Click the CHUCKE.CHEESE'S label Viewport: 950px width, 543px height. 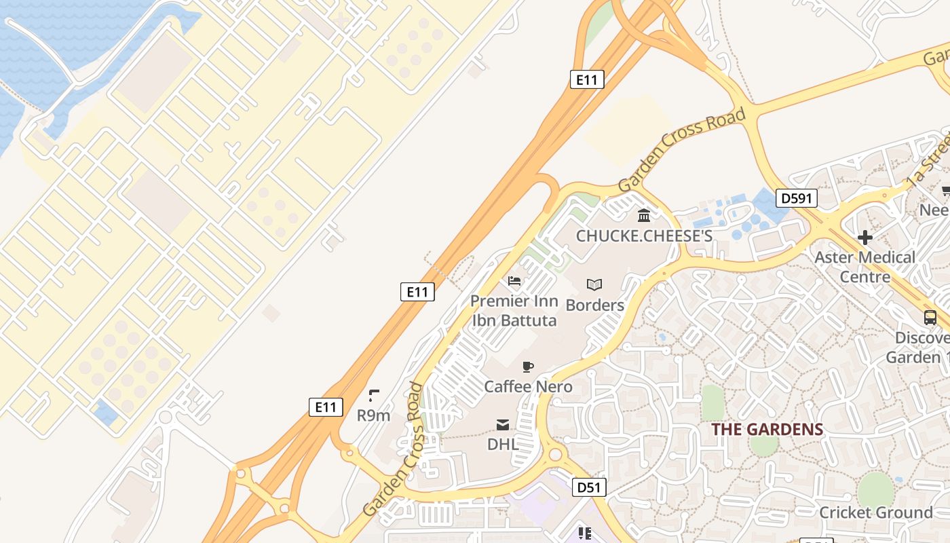644,236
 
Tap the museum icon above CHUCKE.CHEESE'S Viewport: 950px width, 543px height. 644,216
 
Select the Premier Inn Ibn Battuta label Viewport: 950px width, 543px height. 514,311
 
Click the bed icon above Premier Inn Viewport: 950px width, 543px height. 514,281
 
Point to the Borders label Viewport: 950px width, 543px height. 595,305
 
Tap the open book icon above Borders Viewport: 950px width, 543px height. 594,285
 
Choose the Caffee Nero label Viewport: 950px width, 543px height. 528,386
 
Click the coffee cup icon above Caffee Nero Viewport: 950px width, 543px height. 528,367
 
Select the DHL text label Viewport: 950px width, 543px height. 503,445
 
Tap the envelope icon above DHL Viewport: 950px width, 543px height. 503,425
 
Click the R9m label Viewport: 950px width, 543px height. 373,415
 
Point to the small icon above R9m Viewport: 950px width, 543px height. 373,395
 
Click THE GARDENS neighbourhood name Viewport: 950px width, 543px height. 767,430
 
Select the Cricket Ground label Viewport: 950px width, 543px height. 876,512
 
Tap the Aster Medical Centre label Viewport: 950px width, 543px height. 865,267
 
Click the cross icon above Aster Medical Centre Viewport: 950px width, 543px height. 864,238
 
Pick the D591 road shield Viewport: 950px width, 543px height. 797,198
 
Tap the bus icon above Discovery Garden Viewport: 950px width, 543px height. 930,318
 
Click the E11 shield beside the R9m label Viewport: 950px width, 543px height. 326,407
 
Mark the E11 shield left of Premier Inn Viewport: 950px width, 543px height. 417,292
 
